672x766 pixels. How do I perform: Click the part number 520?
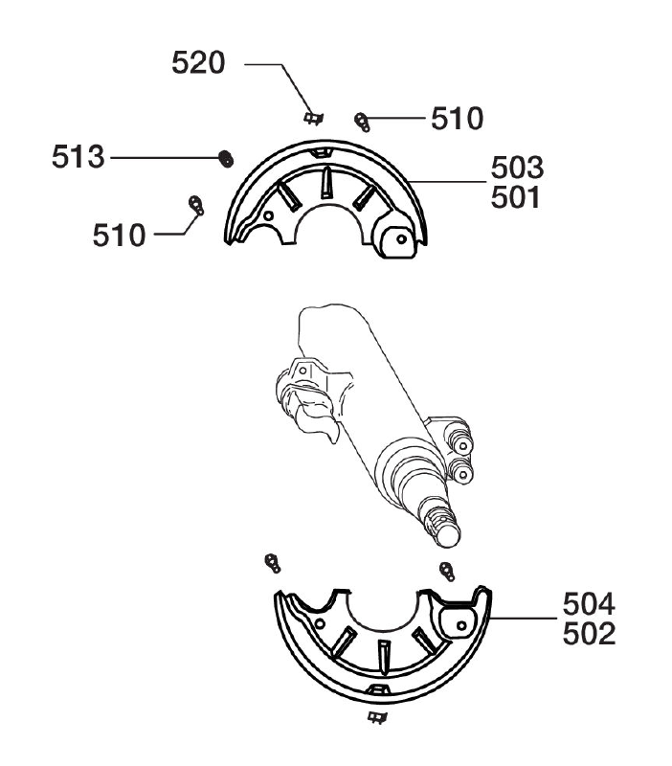[198, 63]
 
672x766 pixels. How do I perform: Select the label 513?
[78, 157]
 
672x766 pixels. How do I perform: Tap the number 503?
[517, 168]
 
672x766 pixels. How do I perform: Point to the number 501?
[516, 197]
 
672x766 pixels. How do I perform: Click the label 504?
[589, 604]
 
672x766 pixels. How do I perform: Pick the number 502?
[589, 634]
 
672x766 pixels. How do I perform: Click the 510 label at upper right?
[458, 118]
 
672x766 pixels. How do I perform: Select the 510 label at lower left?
[119, 235]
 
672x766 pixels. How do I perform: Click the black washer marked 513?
[226, 158]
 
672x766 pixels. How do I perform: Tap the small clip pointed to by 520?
[314, 118]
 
